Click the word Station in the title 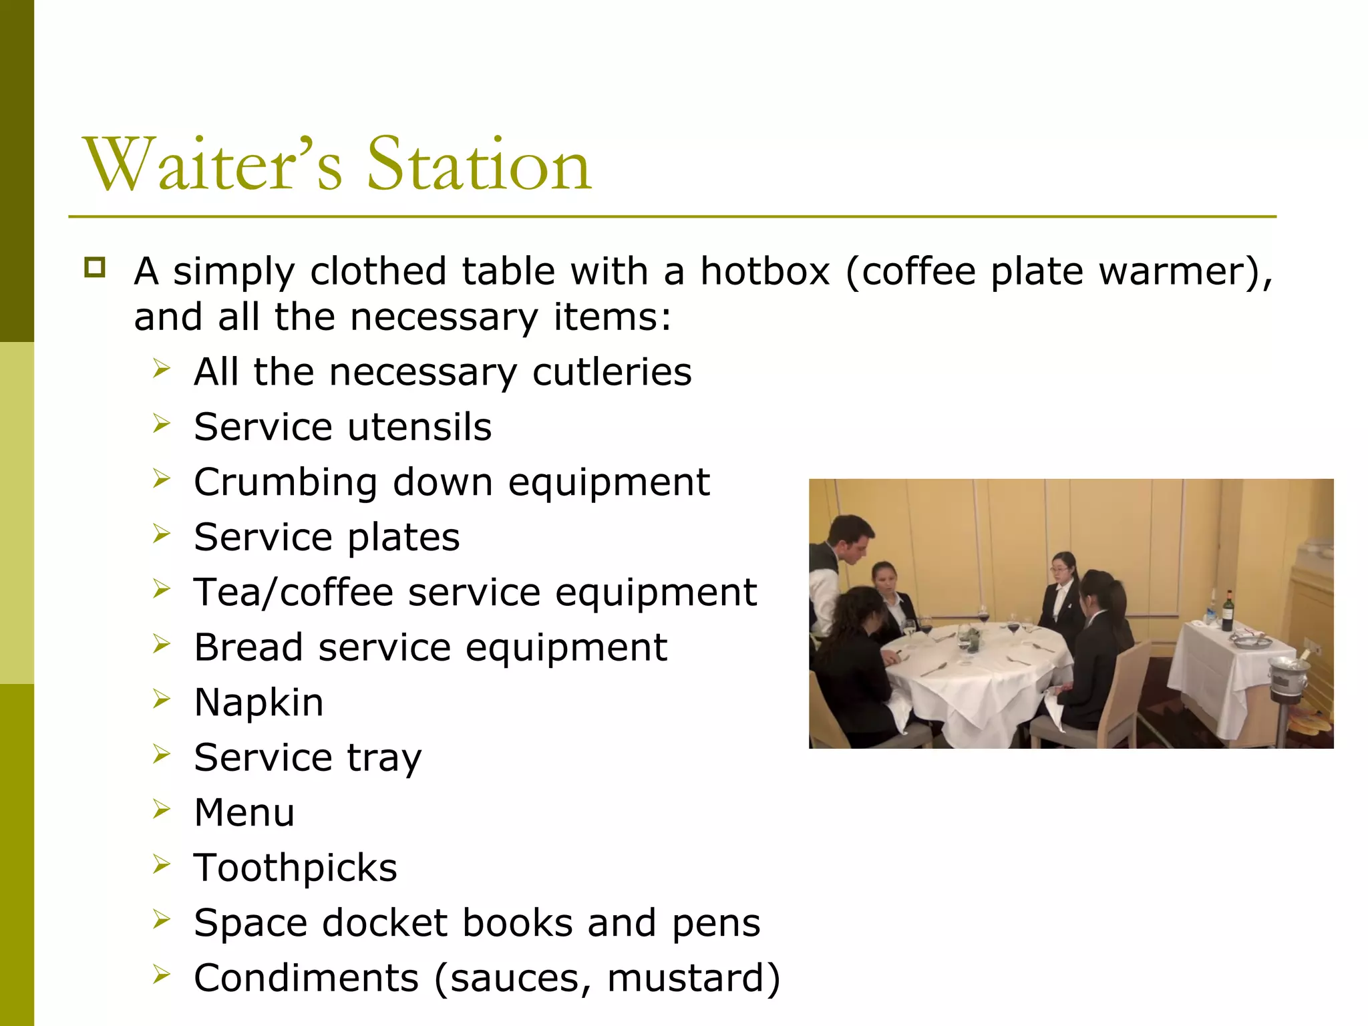[x=479, y=164]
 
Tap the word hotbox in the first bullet [x=765, y=272]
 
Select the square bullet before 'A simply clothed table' [x=95, y=268]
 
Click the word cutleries [x=612, y=372]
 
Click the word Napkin [x=259, y=703]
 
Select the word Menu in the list [x=244, y=813]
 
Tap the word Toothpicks [x=295, y=868]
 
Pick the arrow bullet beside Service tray [x=161, y=754]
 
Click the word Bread [x=248, y=647]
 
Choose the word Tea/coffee [x=293, y=592]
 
